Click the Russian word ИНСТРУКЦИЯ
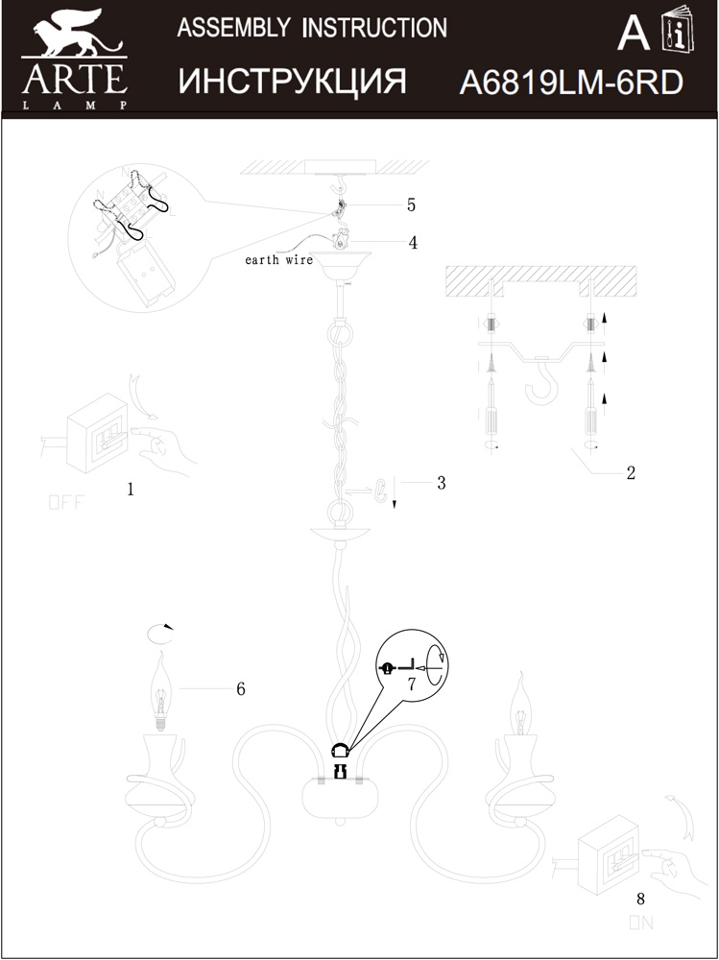click(292, 83)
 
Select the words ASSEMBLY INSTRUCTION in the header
click(312, 28)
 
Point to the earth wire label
click(279, 260)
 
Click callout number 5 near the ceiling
click(411, 204)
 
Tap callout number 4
click(413, 243)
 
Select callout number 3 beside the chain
click(441, 483)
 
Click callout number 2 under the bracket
click(631, 472)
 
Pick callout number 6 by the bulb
click(241, 688)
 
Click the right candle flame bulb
click(520, 708)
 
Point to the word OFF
click(66, 502)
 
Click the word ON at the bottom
click(641, 924)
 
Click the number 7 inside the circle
click(411, 684)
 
